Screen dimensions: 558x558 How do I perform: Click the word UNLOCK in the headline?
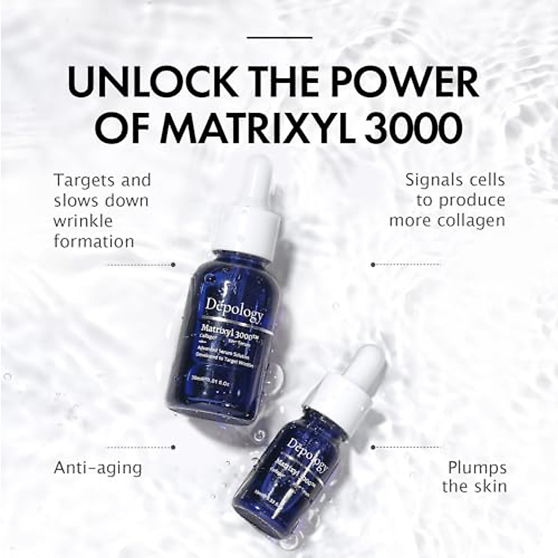[152, 82]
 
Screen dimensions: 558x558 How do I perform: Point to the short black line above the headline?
[279, 37]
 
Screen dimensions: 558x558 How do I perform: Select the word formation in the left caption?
[94, 241]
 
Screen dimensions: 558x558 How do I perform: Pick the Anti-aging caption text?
[98, 467]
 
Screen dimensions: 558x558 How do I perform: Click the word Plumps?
[477, 467]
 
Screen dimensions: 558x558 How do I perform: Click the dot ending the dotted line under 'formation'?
[173, 265]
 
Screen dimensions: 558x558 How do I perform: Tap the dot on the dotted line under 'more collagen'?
[373, 265]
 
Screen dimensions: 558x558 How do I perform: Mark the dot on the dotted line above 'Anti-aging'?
[173, 447]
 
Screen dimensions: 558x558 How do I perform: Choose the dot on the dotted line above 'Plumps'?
[373, 447]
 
